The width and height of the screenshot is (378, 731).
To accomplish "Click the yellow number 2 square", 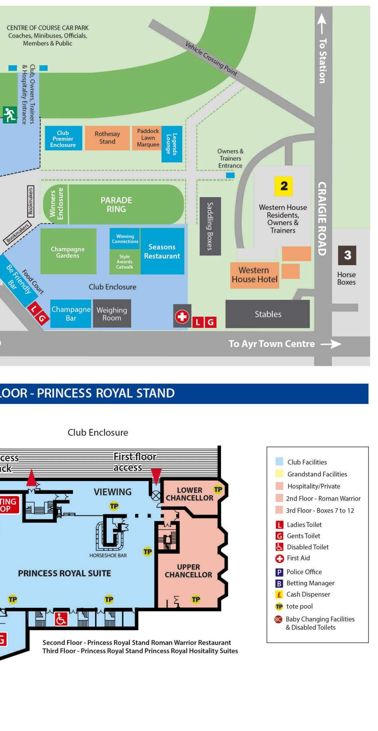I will [284, 186].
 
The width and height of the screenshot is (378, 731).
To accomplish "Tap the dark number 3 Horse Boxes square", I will [347, 255].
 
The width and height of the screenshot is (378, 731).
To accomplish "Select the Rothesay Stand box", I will [107, 138].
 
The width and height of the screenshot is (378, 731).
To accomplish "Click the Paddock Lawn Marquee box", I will [147, 138].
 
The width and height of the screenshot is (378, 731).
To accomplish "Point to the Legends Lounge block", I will [172, 144].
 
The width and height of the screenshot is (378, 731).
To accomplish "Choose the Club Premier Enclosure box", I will [63, 138].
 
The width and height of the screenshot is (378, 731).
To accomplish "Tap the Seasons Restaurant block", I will [162, 252].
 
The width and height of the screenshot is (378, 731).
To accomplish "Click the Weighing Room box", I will [112, 314].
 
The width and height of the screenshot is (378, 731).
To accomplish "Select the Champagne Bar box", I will [71, 314].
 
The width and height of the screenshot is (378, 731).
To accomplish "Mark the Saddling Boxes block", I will [210, 226].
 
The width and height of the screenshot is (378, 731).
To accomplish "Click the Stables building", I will [268, 314].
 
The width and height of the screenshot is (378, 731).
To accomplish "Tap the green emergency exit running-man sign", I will [9, 115].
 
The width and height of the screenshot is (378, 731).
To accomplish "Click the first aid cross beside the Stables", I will [182, 317].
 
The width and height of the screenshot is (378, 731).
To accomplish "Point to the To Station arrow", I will [322, 24].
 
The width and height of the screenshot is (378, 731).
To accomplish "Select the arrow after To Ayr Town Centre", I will [331, 344].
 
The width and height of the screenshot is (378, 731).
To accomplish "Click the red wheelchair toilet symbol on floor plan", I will [61, 619].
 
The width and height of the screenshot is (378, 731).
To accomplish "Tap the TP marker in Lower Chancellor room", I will [218, 489].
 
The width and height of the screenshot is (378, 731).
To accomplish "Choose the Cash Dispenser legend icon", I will [279, 595].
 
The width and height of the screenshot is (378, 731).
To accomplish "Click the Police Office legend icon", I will [279, 572].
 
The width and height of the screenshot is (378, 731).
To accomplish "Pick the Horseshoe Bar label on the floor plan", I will [108, 556].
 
